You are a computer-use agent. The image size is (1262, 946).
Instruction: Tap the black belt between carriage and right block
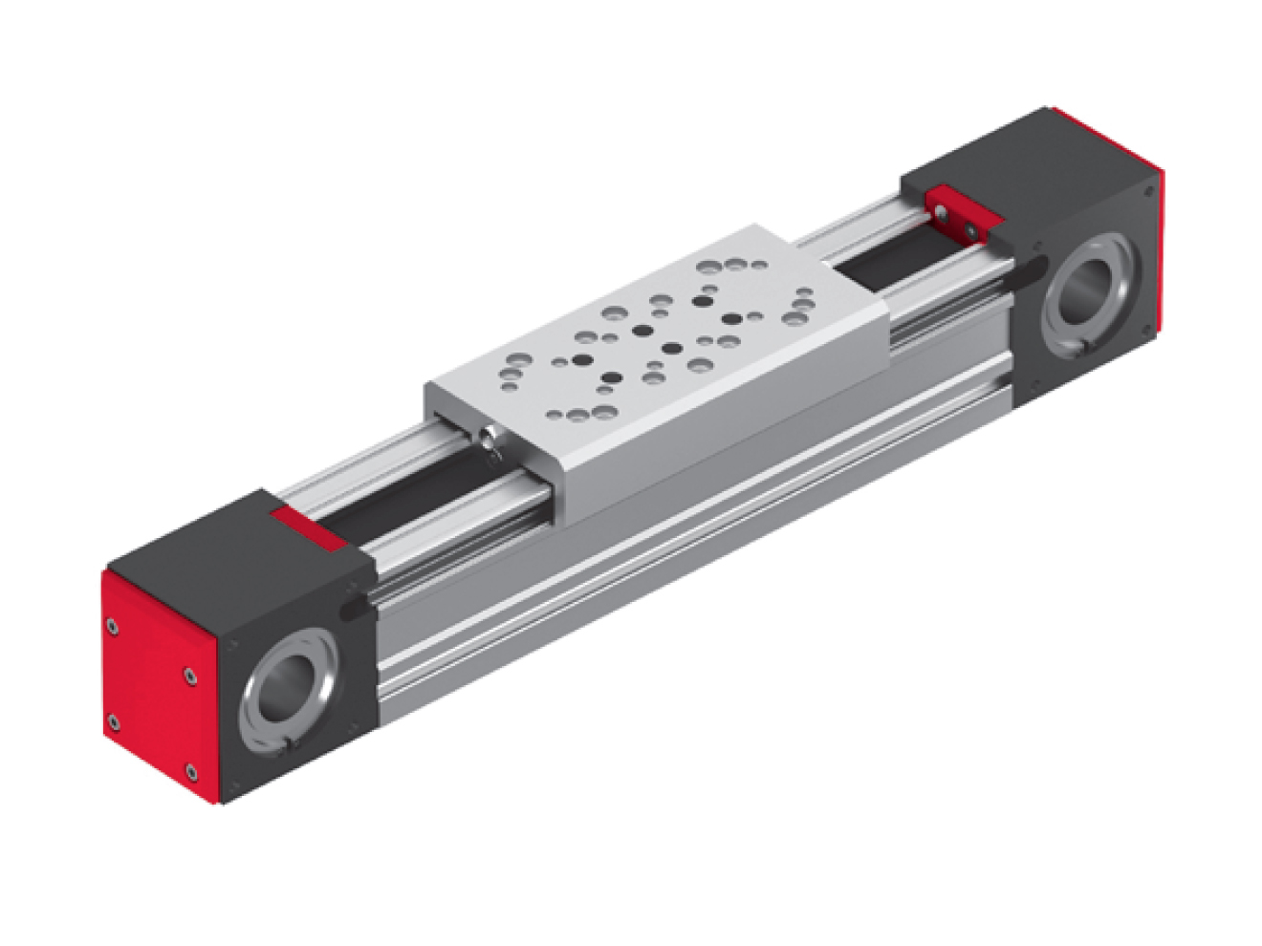pyautogui.click(x=880, y=263)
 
